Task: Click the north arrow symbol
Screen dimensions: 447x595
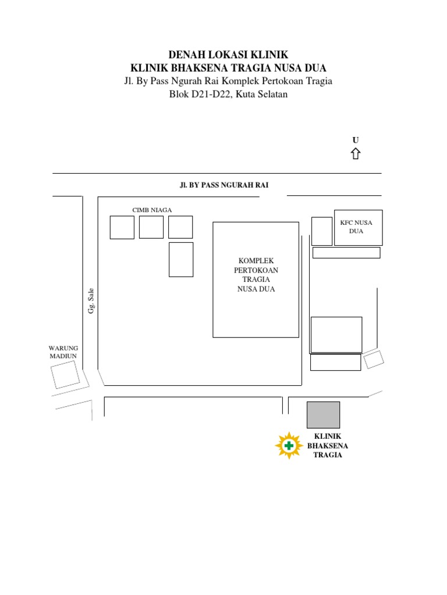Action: (355, 153)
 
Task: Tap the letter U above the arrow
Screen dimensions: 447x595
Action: (355, 140)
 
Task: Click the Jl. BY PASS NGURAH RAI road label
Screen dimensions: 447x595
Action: (224, 185)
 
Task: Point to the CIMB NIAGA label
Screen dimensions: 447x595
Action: (152, 210)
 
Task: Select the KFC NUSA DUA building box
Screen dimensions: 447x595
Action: (358, 227)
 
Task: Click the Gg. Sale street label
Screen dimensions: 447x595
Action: (91, 301)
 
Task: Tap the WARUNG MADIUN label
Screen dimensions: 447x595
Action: (63, 352)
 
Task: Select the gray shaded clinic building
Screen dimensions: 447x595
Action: (323, 414)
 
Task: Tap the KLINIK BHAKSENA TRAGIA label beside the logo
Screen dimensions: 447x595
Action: (328, 446)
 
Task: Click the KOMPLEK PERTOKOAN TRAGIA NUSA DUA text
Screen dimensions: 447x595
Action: (256, 275)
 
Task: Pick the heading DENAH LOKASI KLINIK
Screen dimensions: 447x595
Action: (228, 55)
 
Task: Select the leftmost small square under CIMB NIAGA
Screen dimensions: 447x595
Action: (122, 227)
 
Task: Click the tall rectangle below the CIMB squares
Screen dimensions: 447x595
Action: (181, 259)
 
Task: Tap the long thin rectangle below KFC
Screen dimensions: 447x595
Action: (346, 253)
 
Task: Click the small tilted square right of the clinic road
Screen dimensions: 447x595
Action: (374, 359)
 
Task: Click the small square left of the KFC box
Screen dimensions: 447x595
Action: (322, 231)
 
